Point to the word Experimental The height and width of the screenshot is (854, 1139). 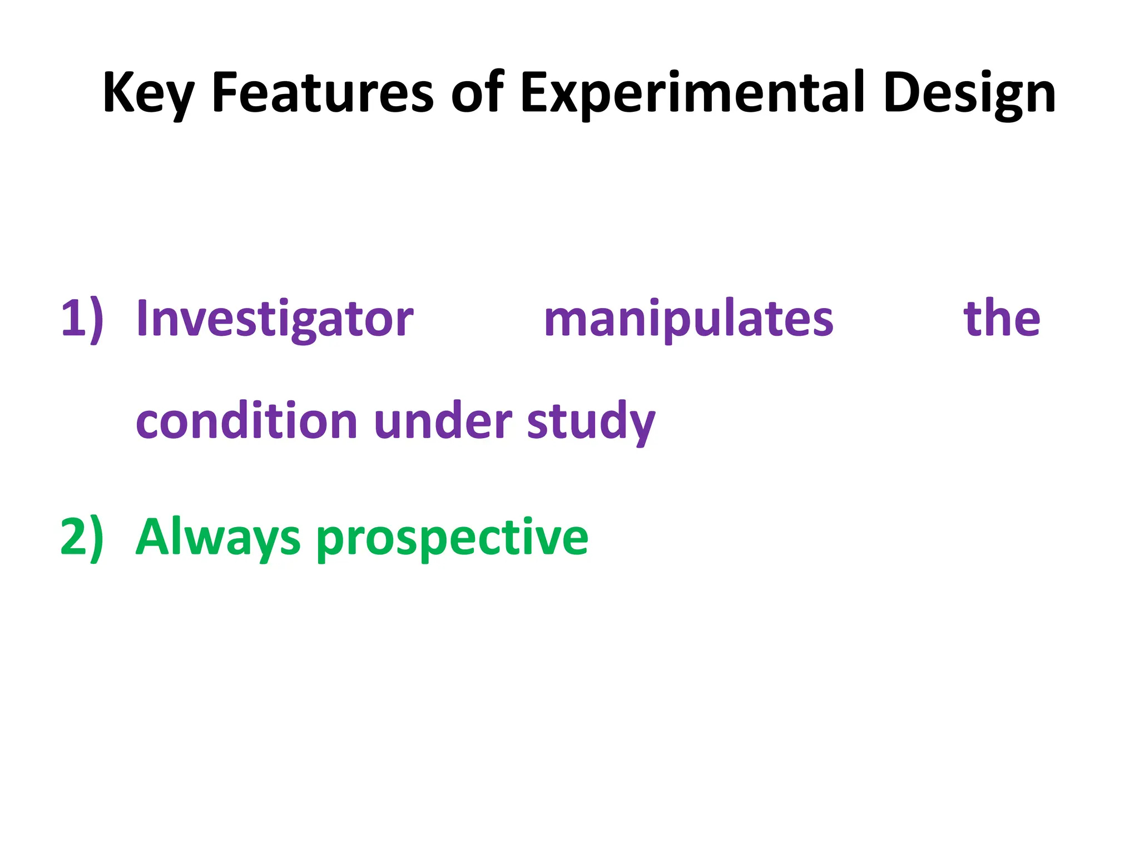coord(692,93)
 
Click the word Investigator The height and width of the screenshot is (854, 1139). coord(275,319)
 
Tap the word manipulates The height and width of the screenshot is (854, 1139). coord(689,319)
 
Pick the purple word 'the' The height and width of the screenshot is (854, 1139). coord(1001,318)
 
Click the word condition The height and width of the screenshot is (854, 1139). coord(246,421)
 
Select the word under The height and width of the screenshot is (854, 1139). coord(443,421)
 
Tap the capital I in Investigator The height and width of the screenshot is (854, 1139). coord(142,318)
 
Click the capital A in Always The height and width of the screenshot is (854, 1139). coord(152,536)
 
